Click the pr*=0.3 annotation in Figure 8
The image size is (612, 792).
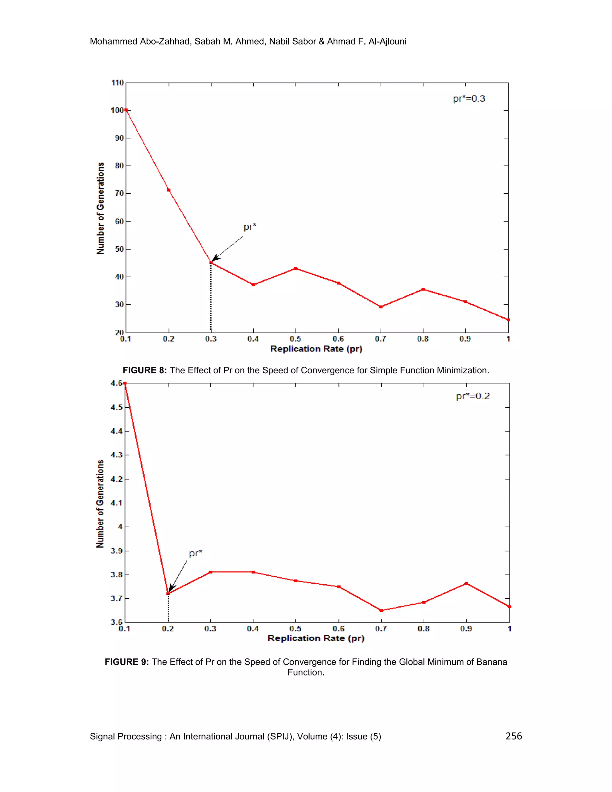point(469,99)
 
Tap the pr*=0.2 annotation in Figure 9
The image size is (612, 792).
point(473,396)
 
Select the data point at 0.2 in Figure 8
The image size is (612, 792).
point(169,190)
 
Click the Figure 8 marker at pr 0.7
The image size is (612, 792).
point(381,307)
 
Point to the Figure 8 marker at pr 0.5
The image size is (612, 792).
point(296,268)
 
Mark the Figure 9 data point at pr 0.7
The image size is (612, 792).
point(381,610)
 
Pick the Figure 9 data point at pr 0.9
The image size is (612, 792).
point(466,583)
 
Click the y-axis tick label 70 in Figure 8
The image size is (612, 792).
point(119,193)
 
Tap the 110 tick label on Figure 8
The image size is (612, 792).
point(117,83)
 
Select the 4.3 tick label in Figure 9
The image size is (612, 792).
point(117,455)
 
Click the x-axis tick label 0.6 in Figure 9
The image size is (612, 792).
point(338,629)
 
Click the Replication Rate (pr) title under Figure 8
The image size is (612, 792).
point(316,349)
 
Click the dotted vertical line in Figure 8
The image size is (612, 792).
point(211,297)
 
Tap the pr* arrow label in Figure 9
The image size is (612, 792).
point(195,553)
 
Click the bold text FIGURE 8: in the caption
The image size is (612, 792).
point(145,370)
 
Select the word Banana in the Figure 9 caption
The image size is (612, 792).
point(491,662)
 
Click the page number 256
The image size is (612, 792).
point(513,736)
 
